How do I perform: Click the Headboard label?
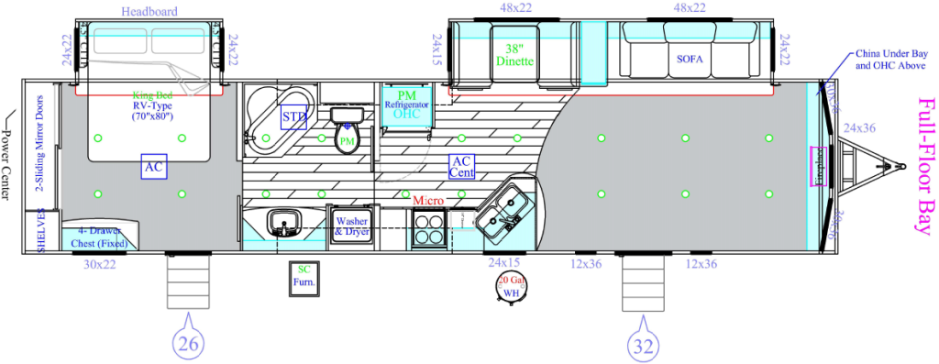tap(149, 12)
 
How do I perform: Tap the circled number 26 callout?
tap(187, 344)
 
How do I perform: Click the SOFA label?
tap(689, 59)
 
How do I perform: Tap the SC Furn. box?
tap(303, 276)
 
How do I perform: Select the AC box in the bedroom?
tap(154, 167)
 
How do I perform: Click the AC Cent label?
tap(461, 166)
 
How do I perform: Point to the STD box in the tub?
tap(293, 117)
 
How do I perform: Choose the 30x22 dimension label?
tap(100, 264)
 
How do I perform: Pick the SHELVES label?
tap(41, 230)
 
